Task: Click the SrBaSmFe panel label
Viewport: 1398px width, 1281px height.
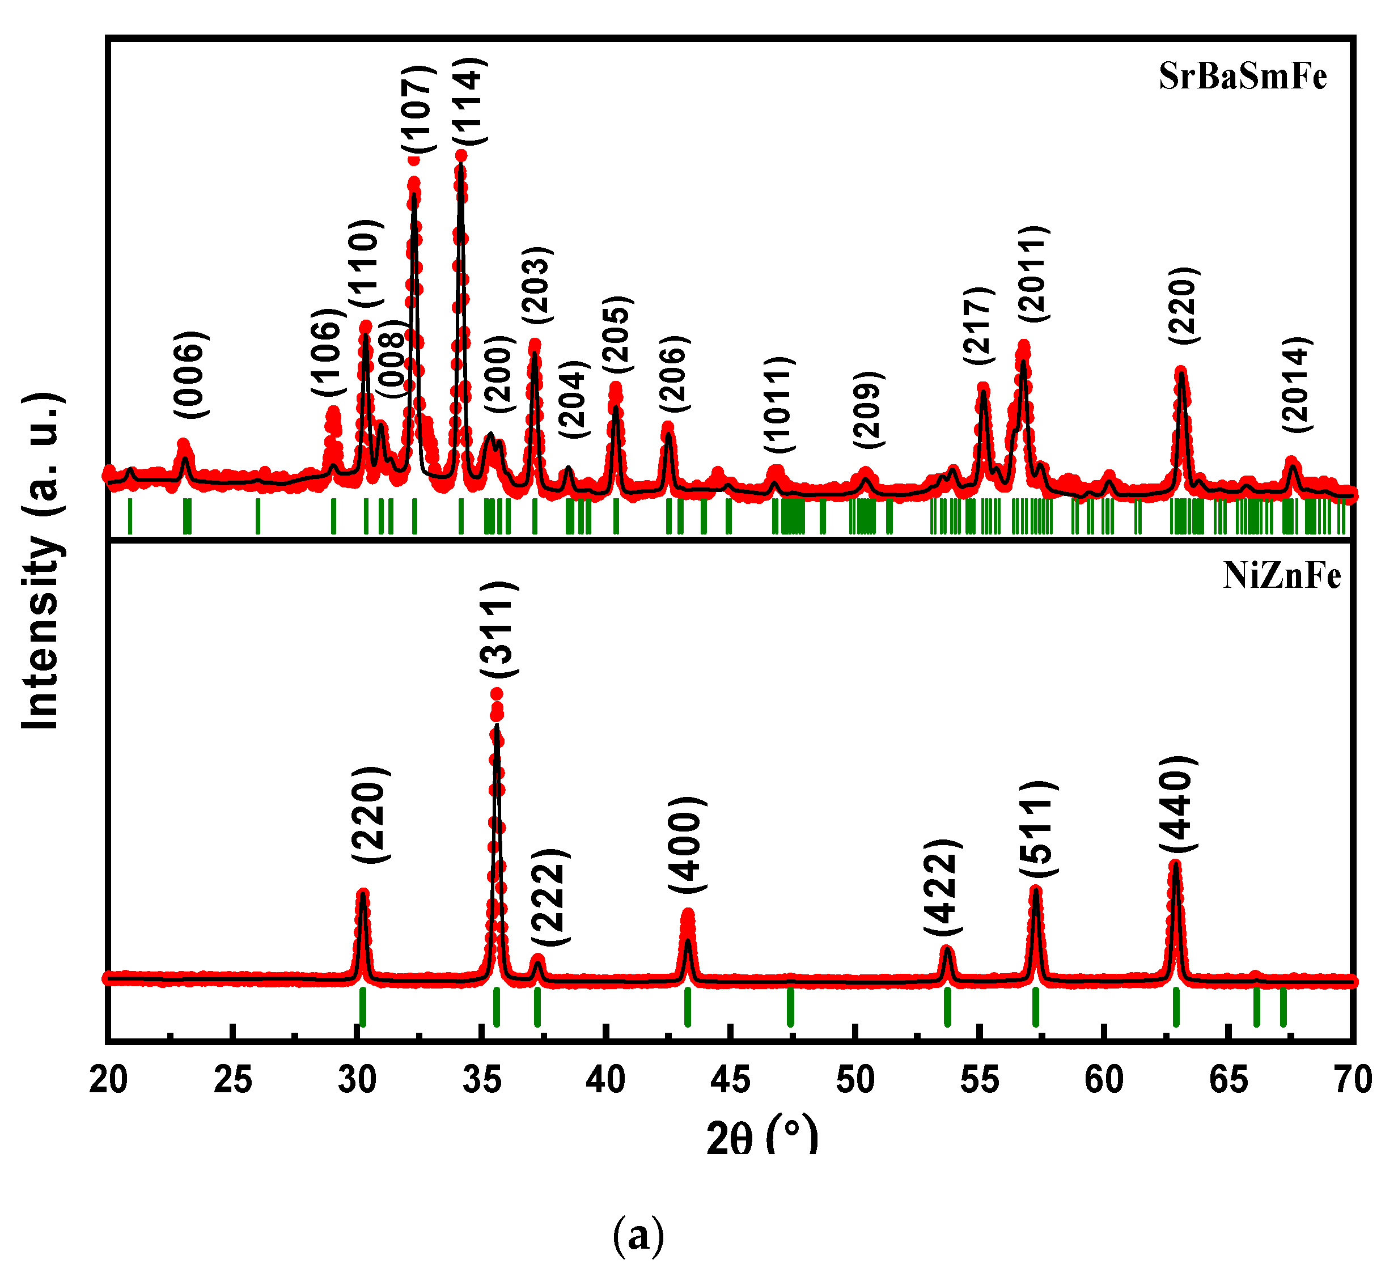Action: [1242, 77]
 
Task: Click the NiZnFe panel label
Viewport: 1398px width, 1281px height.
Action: [1281, 576]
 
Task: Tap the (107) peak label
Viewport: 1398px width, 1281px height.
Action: [418, 109]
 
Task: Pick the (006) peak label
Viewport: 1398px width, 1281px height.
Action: [190, 374]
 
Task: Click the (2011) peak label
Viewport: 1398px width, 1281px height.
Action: [1033, 274]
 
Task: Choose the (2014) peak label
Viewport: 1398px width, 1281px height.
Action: [1295, 385]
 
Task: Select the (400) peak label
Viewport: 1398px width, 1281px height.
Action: [687, 846]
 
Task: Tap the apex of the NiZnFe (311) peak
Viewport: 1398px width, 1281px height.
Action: [497, 693]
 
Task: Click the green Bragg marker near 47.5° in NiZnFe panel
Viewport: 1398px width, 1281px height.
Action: [790, 1007]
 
